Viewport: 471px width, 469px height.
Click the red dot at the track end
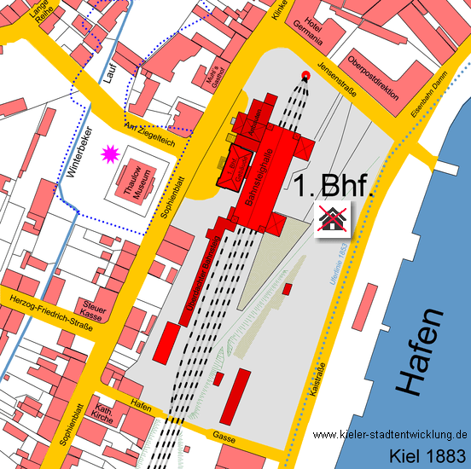305,74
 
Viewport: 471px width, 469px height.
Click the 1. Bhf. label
334,186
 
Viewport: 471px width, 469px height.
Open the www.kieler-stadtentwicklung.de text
390,434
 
